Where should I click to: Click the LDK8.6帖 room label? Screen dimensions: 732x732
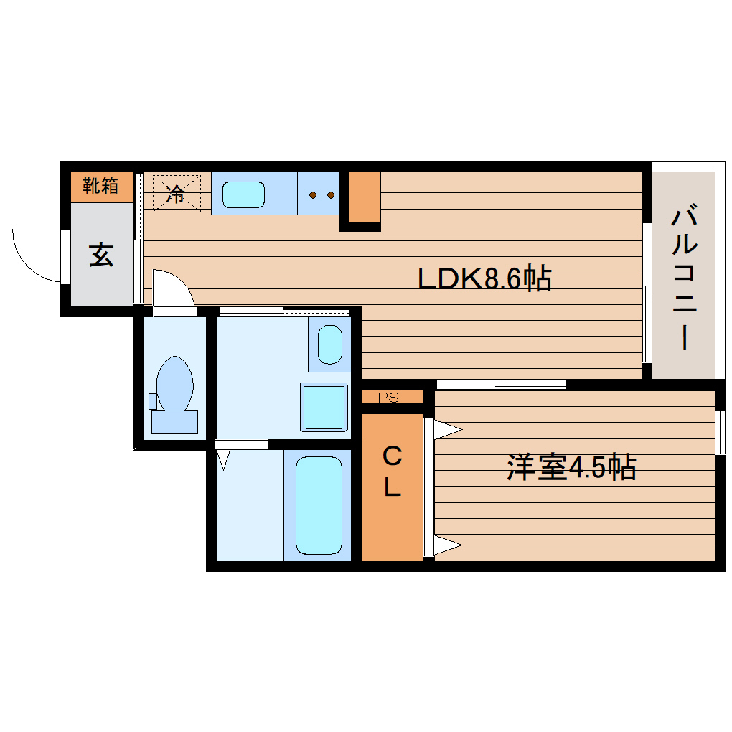[x=484, y=278]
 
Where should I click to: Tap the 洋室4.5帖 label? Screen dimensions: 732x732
[x=571, y=468]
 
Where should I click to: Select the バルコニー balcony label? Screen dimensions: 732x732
[x=686, y=278]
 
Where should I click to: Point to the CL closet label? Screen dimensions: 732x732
[x=392, y=471]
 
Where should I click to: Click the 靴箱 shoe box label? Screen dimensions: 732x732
[x=100, y=187]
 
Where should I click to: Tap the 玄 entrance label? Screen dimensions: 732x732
[x=101, y=255]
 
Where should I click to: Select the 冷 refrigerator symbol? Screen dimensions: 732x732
[x=176, y=192]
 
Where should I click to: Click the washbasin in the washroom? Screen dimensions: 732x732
[x=329, y=344]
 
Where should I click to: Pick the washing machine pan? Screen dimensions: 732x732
[x=324, y=407]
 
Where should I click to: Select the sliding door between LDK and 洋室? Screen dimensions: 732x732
[x=501, y=384]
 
